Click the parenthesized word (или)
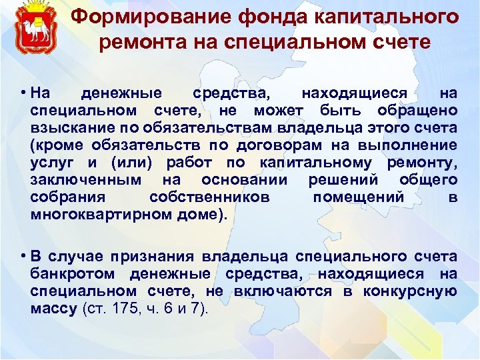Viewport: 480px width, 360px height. [126, 162]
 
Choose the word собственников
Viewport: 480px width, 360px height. [209, 197]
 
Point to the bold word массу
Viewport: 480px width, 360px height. [53, 308]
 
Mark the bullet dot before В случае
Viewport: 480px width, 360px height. [23, 257]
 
